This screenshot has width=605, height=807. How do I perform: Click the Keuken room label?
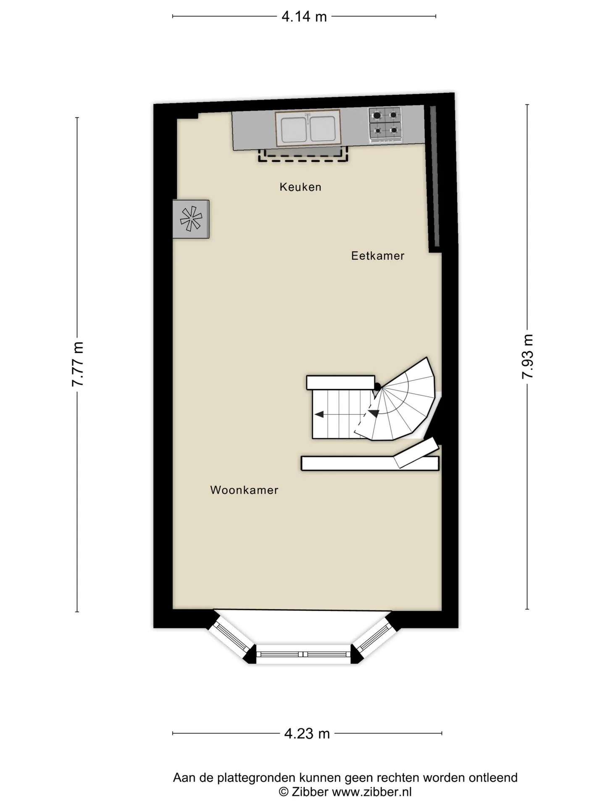(x=300, y=187)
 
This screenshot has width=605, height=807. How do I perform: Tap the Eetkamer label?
(x=378, y=256)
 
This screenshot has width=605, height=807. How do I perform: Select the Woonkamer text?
(x=244, y=490)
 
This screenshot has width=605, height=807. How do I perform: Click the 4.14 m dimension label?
(x=304, y=16)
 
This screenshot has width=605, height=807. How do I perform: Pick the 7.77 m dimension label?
(x=78, y=364)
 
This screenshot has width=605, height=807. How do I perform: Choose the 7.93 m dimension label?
(x=527, y=356)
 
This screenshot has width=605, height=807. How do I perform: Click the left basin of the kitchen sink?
(x=294, y=129)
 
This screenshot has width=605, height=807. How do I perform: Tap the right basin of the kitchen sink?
(x=322, y=129)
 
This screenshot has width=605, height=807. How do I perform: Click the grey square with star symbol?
(x=191, y=219)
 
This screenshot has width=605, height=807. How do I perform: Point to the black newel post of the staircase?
(x=377, y=387)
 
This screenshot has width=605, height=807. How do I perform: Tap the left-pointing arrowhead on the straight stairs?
(x=319, y=414)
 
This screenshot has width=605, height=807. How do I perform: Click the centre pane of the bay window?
(x=303, y=654)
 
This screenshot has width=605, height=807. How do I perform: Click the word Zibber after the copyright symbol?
(x=310, y=792)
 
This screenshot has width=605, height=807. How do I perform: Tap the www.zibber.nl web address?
(x=372, y=792)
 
